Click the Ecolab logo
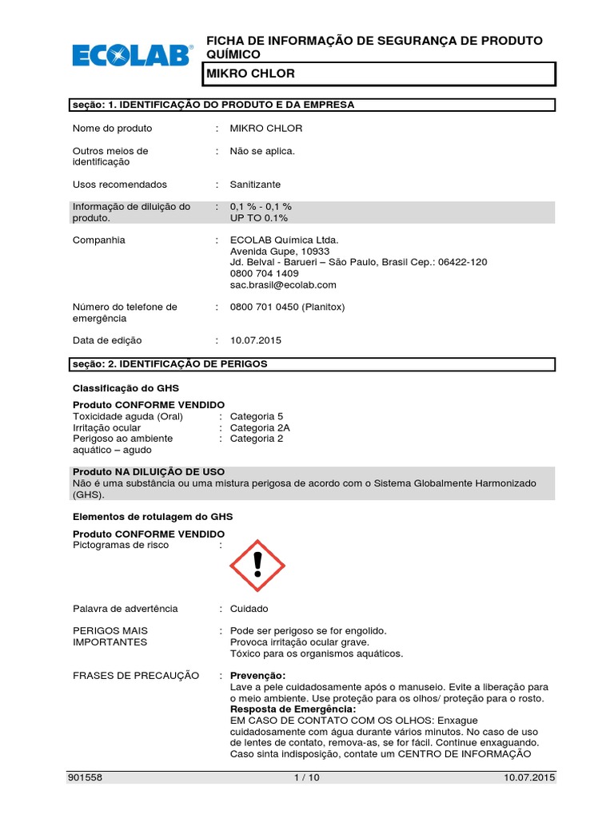133,54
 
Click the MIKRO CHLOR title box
379,73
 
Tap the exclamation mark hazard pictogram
257,565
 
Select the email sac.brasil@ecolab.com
283,284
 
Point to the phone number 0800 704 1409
264,273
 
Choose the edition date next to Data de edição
256,340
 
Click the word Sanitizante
255,185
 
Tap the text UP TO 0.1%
259,218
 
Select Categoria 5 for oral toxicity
257,416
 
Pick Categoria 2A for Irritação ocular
260,427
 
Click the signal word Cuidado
249,609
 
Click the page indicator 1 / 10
306,777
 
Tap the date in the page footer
529,777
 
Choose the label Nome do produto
112,129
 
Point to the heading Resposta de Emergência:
293,709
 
